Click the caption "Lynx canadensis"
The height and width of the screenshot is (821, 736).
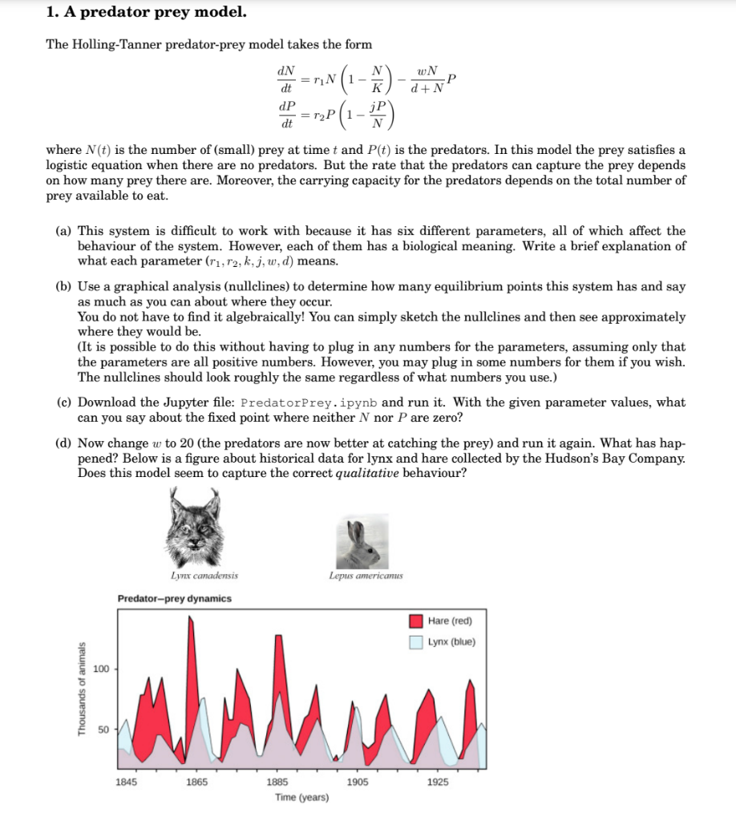click(x=204, y=576)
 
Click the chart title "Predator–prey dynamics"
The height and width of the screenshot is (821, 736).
click(x=174, y=599)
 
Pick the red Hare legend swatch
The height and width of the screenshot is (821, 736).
click(x=416, y=621)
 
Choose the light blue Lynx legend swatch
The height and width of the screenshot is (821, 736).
click(x=416, y=641)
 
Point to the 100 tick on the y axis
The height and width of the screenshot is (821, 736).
click(x=101, y=669)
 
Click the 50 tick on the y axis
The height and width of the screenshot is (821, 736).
click(x=103, y=730)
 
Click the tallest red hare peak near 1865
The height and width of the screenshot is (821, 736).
click(x=190, y=619)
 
